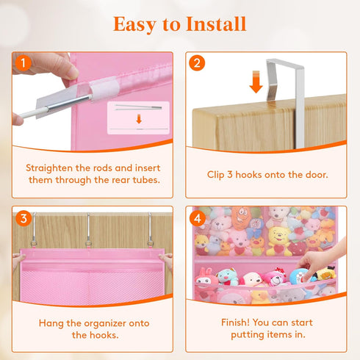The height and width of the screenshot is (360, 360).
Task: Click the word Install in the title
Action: (216, 24)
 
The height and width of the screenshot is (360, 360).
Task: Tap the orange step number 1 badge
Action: (24, 63)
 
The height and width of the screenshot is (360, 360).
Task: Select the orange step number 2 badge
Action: (197, 63)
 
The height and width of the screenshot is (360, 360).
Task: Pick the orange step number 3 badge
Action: (24, 218)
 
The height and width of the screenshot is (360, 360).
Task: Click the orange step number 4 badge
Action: (198, 218)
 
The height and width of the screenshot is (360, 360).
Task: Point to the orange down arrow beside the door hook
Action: (256, 82)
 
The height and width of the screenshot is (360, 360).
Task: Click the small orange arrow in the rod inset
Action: (139, 119)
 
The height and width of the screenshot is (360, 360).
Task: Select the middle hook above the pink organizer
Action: (89, 230)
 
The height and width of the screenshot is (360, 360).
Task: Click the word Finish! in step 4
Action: (235, 323)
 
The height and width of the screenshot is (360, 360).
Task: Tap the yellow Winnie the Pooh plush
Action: (278, 241)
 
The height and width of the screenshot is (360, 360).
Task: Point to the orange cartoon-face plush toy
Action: (240, 218)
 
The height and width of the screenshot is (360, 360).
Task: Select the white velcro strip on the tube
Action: (104, 89)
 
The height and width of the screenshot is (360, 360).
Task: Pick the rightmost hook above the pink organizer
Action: (150, 230)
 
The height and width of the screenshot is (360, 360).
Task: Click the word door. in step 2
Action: (317, 175)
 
